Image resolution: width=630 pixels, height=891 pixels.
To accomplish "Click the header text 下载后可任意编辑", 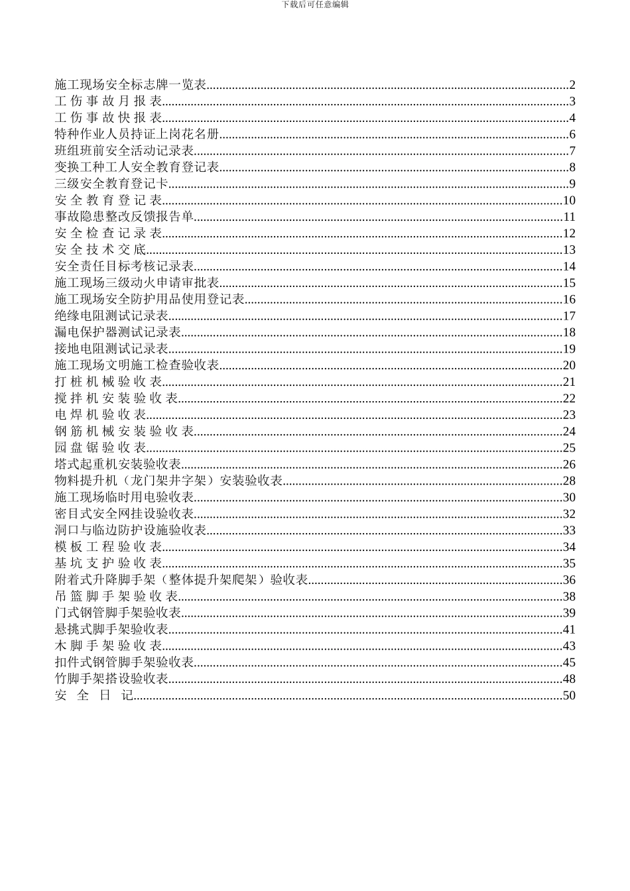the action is (315, 4).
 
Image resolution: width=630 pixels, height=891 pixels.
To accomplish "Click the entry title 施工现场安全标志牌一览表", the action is (131, 85).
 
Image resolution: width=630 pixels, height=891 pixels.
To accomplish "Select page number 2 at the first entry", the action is (572, 85).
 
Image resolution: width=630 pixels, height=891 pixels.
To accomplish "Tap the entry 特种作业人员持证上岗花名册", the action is (137, 135).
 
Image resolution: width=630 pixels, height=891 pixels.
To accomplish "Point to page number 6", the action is (572, 135).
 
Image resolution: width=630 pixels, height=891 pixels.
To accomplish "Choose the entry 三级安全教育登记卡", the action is (111, 184).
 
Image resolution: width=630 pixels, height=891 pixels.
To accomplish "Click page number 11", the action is (569, 217).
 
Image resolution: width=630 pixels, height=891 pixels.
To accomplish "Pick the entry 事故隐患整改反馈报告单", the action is (124, 217).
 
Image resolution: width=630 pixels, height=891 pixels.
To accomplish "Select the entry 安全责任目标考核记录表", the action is (124, 267).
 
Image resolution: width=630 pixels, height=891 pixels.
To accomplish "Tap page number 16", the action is (569, 300).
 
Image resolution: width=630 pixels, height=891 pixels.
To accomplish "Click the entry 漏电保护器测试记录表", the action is (118, 333).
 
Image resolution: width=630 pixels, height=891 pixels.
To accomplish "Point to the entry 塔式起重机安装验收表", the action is (118, 465).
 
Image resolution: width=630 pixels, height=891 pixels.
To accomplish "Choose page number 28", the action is (569, 481).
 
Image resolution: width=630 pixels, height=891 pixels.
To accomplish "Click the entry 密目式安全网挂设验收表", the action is (124, 514).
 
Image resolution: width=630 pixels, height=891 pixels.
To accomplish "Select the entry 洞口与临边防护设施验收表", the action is (131, 530).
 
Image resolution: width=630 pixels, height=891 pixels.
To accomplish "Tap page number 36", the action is (569, 580).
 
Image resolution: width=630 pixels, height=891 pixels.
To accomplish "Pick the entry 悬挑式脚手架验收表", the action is (111, 630).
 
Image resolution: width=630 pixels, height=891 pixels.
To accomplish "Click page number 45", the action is (569, 662).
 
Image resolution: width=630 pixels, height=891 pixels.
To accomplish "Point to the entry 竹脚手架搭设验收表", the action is (111, 679).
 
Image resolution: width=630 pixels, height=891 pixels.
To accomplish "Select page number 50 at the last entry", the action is (569, 695).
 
